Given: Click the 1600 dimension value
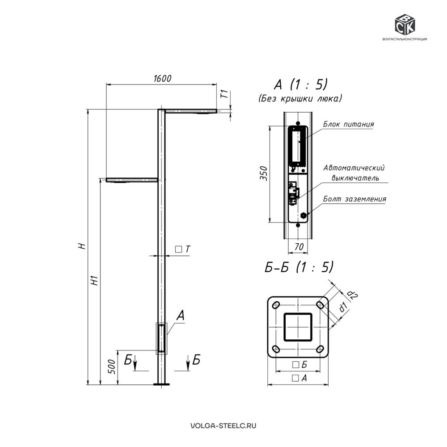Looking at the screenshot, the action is [163, 78].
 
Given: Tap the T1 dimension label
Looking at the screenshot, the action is [225, 94].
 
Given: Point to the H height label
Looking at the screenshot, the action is [82, 246].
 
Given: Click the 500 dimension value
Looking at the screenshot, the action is [112, 367].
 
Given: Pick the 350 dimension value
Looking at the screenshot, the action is [264, 173].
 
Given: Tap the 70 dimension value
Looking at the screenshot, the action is [299, 247].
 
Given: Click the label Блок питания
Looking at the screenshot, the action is [348, 124].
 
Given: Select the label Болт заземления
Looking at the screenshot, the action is [354, 199].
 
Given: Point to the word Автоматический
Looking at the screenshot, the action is [354, 168].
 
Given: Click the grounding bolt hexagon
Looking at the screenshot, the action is [304, 215].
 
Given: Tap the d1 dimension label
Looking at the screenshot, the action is [342, 307].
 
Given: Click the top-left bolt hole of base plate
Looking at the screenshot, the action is [276, 305].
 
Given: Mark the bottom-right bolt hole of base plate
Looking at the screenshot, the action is [320, 349].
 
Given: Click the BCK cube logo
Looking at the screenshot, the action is [405, 25].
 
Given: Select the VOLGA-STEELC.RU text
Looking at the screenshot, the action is [223, 426].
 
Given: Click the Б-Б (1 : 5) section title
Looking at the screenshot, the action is [299, 267].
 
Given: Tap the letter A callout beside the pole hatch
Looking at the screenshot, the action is [181, 316].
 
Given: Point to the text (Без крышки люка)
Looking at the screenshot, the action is [300, 99].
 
